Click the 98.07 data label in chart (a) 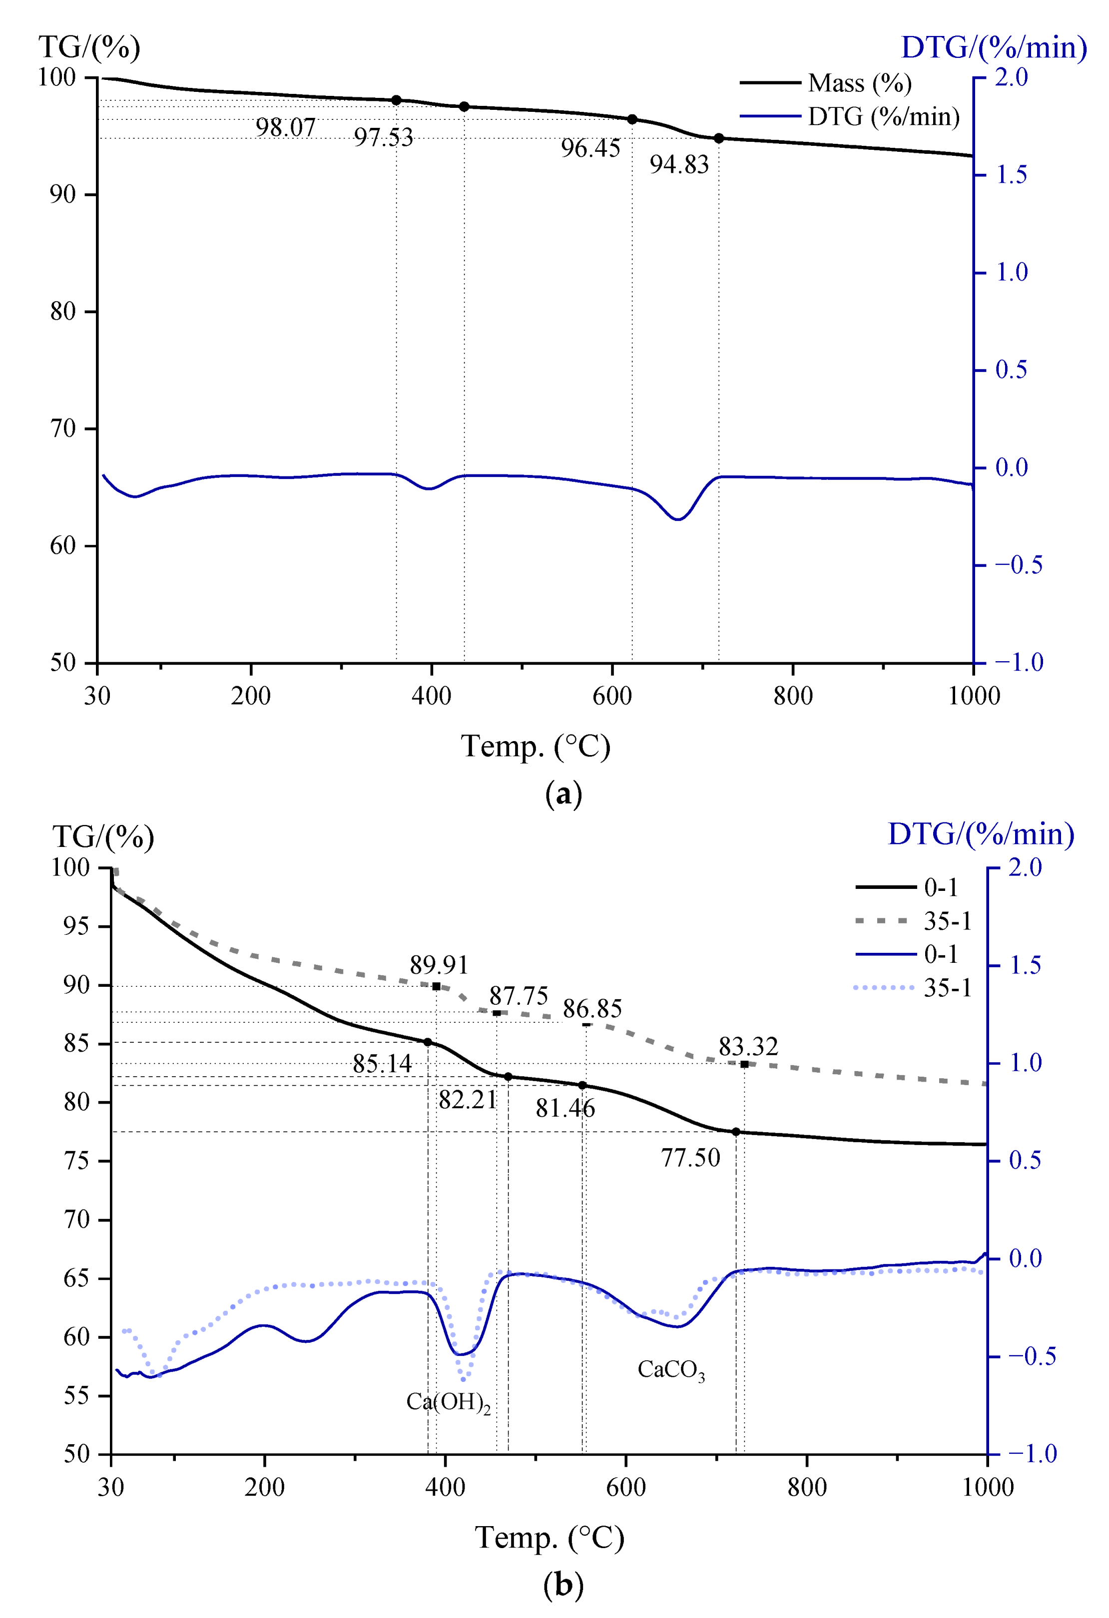pos(286,127)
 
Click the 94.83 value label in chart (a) pos(679,165)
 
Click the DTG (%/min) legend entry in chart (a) pos(883,116)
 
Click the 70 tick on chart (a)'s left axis pos(63,429)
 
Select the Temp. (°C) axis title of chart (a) pos(535,747)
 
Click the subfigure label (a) pos(563,794)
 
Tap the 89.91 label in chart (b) pos(439,965)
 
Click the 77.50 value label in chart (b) pos(690,1158)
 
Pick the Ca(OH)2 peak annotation pos(448,1401)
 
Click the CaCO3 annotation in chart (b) pos(671,1369)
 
